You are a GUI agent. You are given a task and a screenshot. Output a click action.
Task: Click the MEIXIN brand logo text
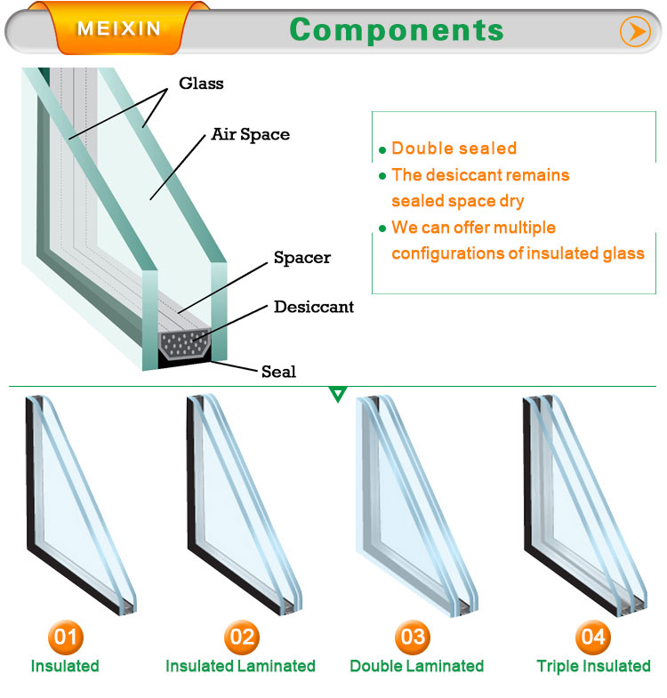pos(118,28)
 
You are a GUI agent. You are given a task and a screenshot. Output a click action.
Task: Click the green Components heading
pos(397,30)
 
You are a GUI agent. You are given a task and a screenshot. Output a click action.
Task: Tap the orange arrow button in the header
pos(635,32)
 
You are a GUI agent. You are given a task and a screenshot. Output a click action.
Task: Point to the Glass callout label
pos(201,84)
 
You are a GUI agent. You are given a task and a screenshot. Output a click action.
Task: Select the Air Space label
pos(250,134)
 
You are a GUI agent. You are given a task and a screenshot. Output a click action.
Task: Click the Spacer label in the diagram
pos(302,257)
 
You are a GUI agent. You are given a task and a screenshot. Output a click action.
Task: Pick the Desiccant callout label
pos(314,307)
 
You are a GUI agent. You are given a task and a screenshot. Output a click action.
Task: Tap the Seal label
pos(278,372)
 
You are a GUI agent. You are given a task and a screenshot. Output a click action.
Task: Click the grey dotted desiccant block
pos(184,343)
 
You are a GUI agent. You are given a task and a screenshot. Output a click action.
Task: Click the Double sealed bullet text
pos(454,148)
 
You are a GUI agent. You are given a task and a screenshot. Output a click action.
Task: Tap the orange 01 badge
pos(66,637)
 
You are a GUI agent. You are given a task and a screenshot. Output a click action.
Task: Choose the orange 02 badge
pos(242,637)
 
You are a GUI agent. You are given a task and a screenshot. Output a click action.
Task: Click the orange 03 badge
pos(413,637)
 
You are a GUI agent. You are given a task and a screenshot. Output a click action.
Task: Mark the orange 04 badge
pos(593,637)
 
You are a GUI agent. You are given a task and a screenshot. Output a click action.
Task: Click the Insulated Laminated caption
pos(240,666)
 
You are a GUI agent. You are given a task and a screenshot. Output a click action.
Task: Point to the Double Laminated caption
pos(417,666)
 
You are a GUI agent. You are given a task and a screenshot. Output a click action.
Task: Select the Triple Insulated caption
pos(593,666)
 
